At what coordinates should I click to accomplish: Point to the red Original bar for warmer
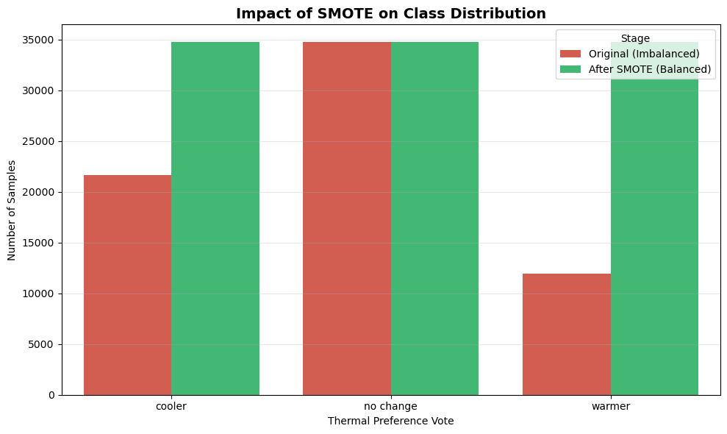[x=567, y=334]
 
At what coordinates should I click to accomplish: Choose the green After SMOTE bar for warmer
[x=654, y=235]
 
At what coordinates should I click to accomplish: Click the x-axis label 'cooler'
[x=171, y=406]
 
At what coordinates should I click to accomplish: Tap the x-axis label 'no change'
[x=391, y=406]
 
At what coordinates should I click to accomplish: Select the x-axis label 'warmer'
[x=611, y=406]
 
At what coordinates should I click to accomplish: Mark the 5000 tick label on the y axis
[x=43, y=344]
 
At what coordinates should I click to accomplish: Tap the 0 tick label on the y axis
[x=52, y=395]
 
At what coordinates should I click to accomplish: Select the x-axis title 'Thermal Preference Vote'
[x=391, y=421]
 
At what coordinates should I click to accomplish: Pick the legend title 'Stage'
[x=635, y=38]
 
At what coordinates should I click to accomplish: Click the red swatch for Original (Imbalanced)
[x=570, y=54]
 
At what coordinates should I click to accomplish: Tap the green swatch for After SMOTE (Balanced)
[x=570, y=69]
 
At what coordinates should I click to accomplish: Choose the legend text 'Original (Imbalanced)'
[x=644, y=54]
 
